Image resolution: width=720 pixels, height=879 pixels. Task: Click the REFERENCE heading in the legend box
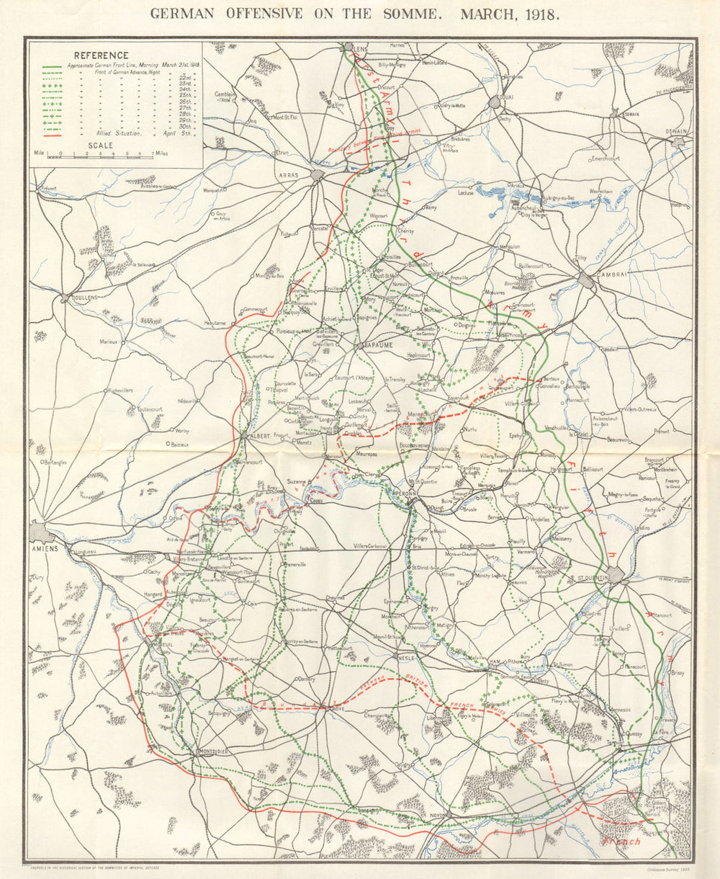101,55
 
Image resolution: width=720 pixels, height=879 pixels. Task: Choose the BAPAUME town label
378,346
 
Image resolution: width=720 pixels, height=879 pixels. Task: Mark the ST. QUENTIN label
592,578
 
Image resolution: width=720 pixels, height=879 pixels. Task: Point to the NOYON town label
432,815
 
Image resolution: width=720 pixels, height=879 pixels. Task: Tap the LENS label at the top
360,49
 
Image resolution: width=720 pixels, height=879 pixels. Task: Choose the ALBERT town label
257,436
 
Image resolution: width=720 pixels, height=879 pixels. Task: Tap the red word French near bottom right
621,842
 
